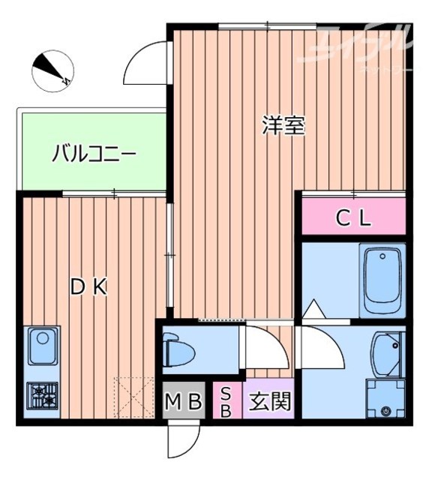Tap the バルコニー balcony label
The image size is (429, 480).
[94, 155]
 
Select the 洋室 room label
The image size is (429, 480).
[283, 125]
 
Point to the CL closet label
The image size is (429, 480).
[352, 218]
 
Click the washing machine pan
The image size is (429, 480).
[385, 398]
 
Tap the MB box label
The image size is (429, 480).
[184, 403]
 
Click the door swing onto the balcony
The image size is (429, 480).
[146, 64]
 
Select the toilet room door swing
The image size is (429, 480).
[262, 346]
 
